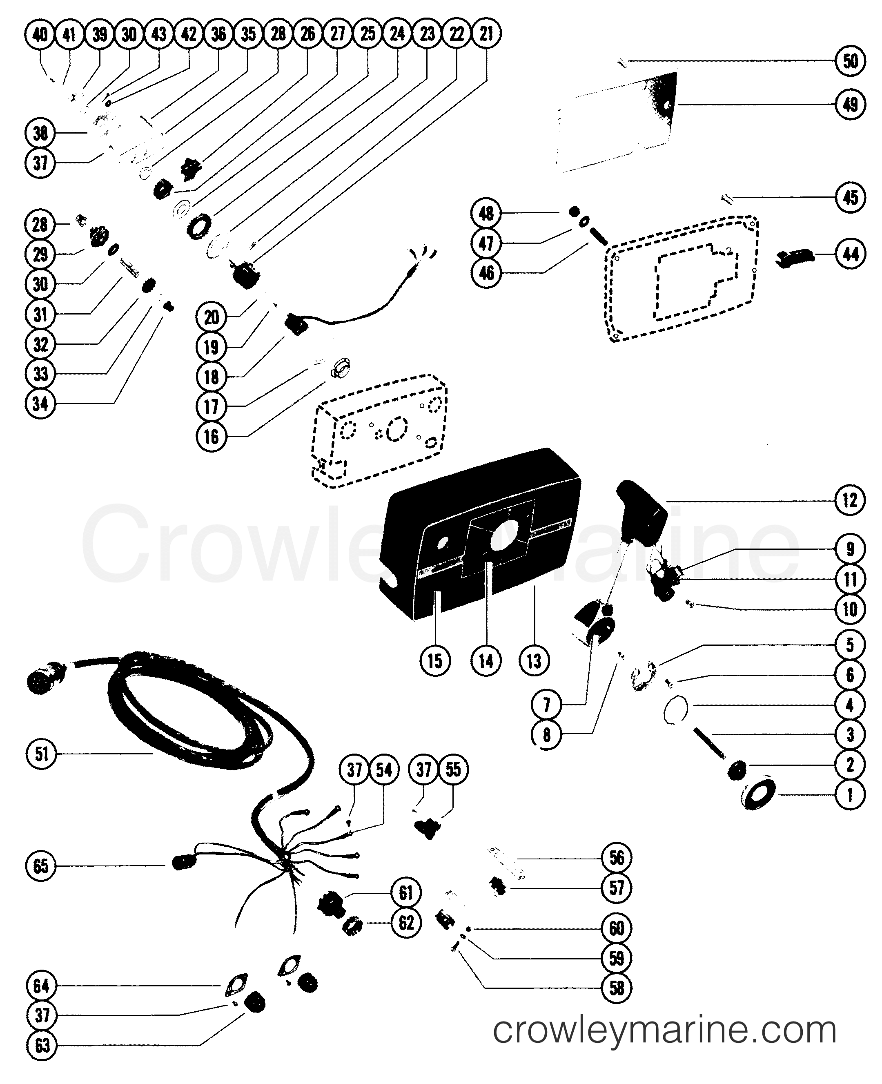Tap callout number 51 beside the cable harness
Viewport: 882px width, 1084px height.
pyautogui.click(x=41, y=753)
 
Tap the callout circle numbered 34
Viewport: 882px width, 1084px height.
pyautogui.click(x=41, y=404)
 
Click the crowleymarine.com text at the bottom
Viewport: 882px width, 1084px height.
pyautogui.click(x=664, y=1028)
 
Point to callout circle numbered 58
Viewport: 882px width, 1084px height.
pyautogui.click(x=616, y=988)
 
